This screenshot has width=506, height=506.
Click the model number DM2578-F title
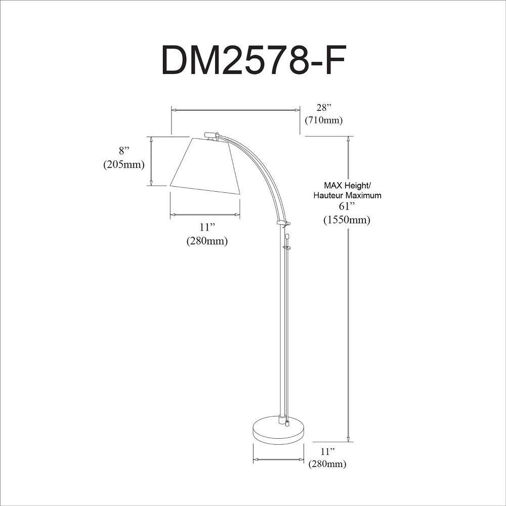pos(254,60)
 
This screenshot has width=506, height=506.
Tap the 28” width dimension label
pos(324,107)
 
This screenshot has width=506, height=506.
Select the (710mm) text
pos(324,120)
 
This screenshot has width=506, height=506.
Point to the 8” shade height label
pos(124,151)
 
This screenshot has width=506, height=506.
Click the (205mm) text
pos(124,164)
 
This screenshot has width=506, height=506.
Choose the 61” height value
pos(347,206)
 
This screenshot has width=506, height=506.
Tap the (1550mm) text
pos(347,220)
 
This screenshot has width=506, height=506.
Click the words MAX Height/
pos(348,186)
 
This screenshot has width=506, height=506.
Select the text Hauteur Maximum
pos(348,195)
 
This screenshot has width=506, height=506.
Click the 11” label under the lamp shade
pos(207,227)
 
